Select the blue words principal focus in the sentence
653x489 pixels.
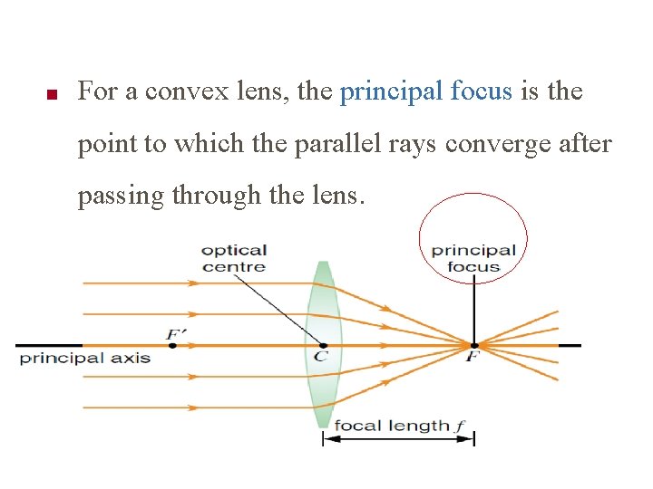pos(425,91)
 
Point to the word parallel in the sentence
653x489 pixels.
pos(343,144)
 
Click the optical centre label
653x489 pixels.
pos(233,258)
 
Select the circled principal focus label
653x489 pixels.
pos(473,258)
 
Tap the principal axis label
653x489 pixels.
pos(85,358)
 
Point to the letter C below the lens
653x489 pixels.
pos(320,357)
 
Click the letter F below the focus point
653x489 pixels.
pos(472,358)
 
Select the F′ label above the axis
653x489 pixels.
pos(175,334)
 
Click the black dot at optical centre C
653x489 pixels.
pos(323,345)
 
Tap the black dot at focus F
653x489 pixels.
pos(473,345)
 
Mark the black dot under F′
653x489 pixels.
pos(172,345)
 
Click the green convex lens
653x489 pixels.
pos(323,389)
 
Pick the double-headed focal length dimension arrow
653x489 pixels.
pos(399,439)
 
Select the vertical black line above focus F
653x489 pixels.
pos(473,308)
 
